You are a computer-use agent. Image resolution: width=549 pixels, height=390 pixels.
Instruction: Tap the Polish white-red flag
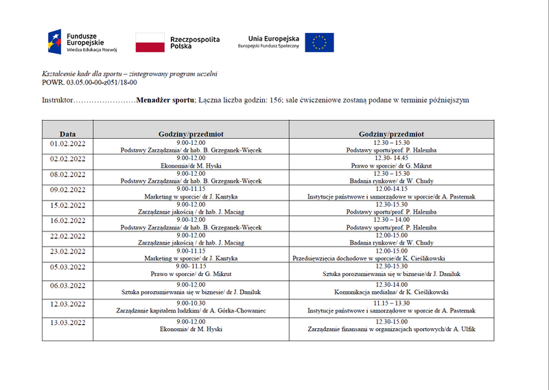click(x=150, y=43)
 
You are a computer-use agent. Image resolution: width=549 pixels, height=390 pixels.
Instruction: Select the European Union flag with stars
click(x=319, y=43)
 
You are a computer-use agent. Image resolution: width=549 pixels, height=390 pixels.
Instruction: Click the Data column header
click(x=67, y=134)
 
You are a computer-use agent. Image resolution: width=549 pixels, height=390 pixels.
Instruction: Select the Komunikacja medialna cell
click(x=391, y=291)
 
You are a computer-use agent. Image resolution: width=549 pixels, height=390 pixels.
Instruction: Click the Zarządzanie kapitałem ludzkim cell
click(x=191, y=310)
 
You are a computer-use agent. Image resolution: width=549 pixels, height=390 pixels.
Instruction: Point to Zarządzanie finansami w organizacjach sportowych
click(x=391, y=329)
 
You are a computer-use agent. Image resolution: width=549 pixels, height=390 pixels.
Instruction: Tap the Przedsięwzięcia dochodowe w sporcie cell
click(x=391, y=258)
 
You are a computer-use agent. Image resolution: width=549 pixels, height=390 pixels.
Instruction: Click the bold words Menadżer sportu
click(x=165, y=100)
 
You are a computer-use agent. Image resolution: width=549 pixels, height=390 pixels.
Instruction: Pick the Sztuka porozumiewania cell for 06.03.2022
click(x=191, y=291)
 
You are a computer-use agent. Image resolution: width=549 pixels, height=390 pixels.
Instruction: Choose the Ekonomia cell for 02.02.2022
click(x=191, y=165)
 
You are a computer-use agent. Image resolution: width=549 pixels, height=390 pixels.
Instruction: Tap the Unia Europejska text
click(x=269, y=38)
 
